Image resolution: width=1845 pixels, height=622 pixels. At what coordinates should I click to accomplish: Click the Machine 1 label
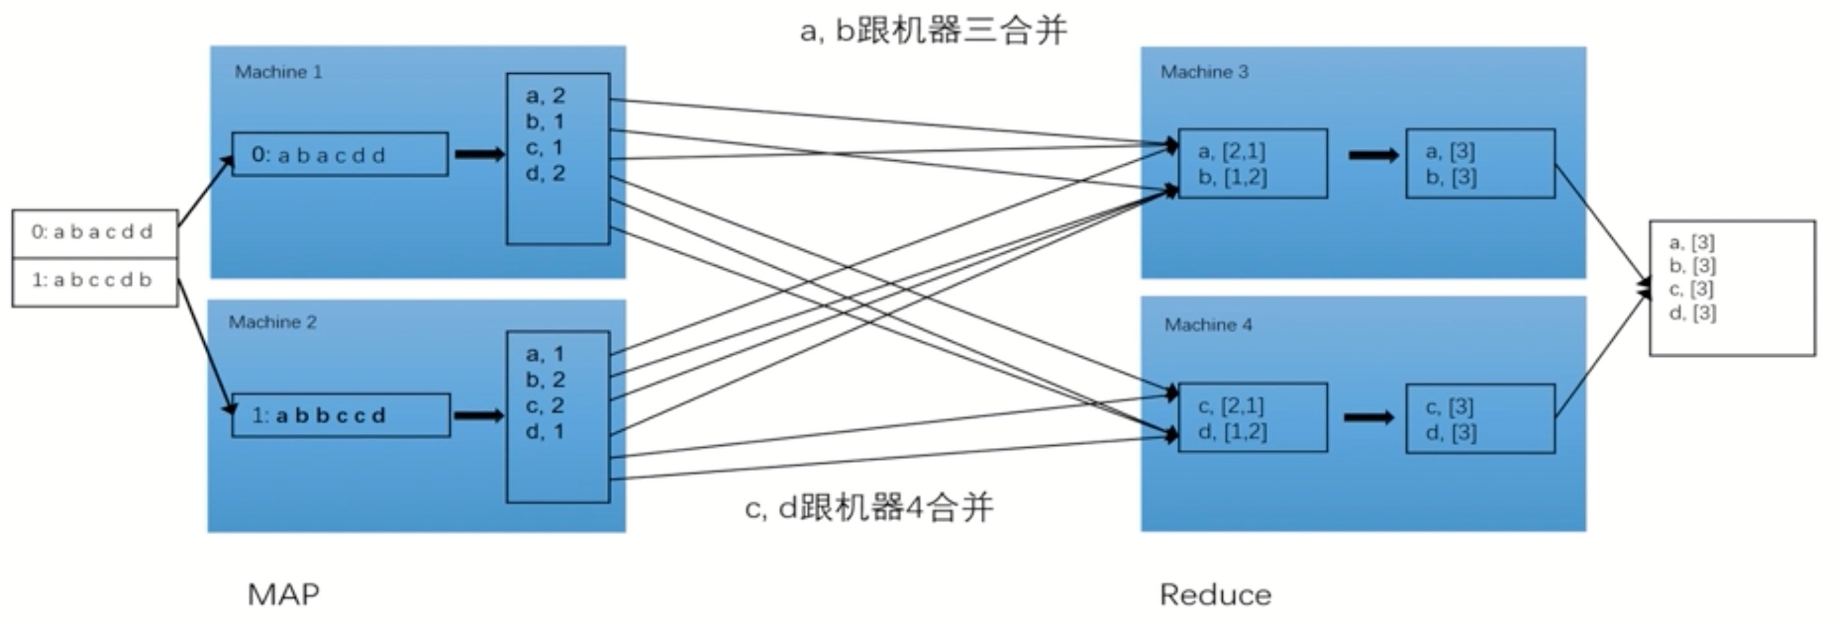[x=279, y=73]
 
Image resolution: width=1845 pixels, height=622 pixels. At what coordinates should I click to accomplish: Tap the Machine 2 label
[x=272, y=322]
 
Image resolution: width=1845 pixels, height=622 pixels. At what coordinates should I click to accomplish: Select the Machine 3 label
[x=1204, y=73]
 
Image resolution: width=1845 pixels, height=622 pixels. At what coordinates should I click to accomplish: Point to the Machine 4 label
[x=1208, y=325]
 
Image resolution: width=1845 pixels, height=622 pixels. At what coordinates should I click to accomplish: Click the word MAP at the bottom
[x=284, y=595]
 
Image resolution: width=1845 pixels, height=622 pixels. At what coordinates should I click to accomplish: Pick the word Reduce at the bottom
[x=1215, y=595]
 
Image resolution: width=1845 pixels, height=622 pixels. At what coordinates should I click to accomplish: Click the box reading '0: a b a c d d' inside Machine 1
[x=340, y=155]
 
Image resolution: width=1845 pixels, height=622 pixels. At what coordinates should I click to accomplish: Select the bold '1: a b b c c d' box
[x=341, y=415]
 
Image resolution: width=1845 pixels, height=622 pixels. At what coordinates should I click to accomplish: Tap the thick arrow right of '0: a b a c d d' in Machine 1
[x=479, y=155]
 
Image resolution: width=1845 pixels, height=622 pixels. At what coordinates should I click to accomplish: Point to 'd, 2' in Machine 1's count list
[x=545, y=173]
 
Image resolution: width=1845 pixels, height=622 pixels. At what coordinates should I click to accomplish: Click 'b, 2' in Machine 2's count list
[x=545, y=379]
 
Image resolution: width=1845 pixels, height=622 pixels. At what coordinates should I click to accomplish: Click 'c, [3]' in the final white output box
[x=1691, y=289]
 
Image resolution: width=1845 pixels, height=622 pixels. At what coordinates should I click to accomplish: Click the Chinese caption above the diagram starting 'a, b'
[x=933, y=31]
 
